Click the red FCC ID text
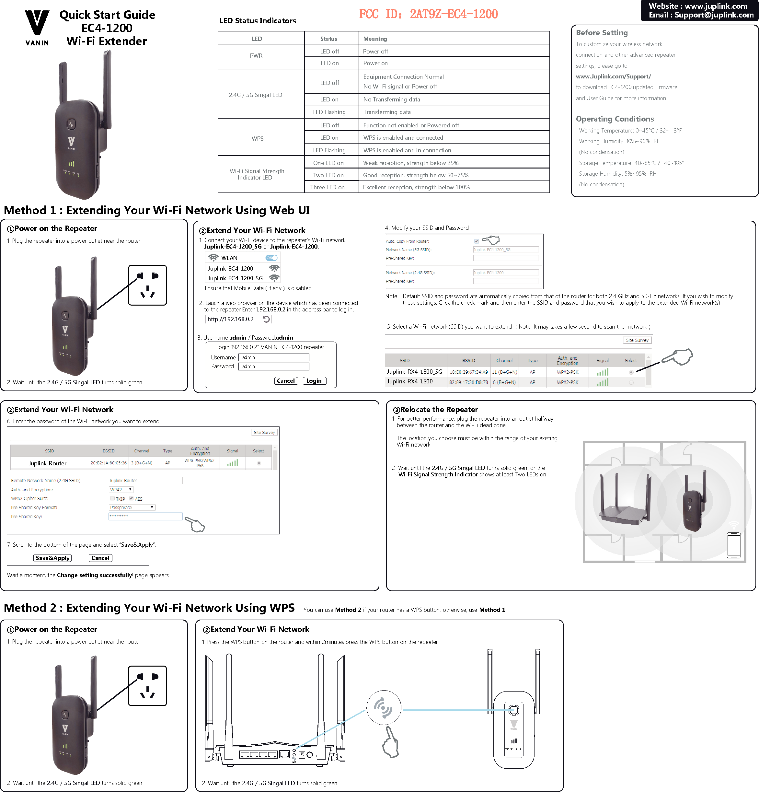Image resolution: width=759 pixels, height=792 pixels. click(428, 14)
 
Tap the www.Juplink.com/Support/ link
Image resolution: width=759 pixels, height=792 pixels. click(613, 76)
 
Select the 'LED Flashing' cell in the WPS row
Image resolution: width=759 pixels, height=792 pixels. click(329, 150)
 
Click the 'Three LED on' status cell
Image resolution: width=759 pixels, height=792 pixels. click(327, 187)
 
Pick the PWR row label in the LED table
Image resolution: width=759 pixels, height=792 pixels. click(256, 56)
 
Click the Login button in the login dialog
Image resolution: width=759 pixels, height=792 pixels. click(314, 381)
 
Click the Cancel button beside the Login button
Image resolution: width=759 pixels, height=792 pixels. click(286, 381)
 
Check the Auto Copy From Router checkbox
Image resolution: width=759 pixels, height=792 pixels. click(476, 241)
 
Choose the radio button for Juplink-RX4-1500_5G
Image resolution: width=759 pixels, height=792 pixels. click(631, 372)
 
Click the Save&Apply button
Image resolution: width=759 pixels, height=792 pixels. click(52, 558)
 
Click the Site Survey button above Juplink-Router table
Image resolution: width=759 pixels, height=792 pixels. click(264, 432)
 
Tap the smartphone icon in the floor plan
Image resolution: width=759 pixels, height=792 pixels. click(733, 545)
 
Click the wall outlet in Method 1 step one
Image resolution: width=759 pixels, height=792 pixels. click(147, 285)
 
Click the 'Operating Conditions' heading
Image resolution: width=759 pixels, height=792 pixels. click(615, 119)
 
